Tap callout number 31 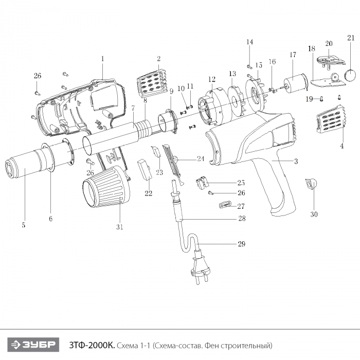tap(120, 227)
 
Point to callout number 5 tap(24, 225)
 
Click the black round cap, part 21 tap(351, 76)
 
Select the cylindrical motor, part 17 tap(295, 84)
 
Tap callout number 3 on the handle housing tap(296, 161)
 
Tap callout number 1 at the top tap(102, 59)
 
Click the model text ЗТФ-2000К tap(91, 344)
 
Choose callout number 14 tap(249, 42)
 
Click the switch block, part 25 tap(202, 182)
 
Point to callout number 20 tap(329, 44)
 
